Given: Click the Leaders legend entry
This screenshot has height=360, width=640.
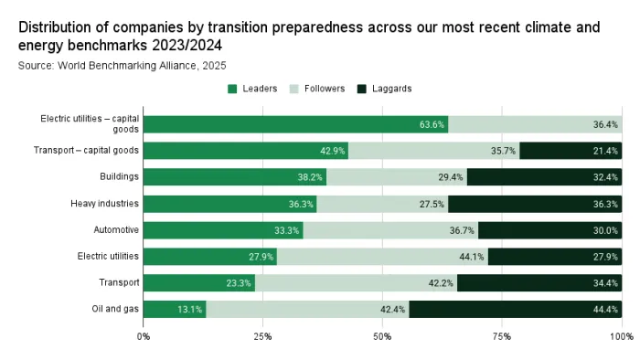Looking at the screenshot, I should click(252, 89).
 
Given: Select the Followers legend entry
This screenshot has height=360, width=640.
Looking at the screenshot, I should click(316, 89).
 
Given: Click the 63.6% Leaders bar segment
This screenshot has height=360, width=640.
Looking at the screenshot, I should click(295, 124).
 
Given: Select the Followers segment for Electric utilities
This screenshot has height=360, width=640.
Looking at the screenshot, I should click(382, 257).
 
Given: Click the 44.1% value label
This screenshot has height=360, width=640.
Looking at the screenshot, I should click(472, 257).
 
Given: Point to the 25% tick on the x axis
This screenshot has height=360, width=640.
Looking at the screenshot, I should click(262, 337).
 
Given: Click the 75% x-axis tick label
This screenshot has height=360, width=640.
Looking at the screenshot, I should click(501, 337).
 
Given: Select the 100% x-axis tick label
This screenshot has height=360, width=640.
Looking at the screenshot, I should click(622, 337).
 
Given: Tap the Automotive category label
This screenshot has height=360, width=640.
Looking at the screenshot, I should click(116, 229).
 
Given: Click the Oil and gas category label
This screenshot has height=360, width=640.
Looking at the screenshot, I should click(116, 309).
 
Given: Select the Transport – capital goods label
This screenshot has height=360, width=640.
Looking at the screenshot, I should click(86, 151).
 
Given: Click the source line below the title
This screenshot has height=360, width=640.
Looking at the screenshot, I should click(123, 65).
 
